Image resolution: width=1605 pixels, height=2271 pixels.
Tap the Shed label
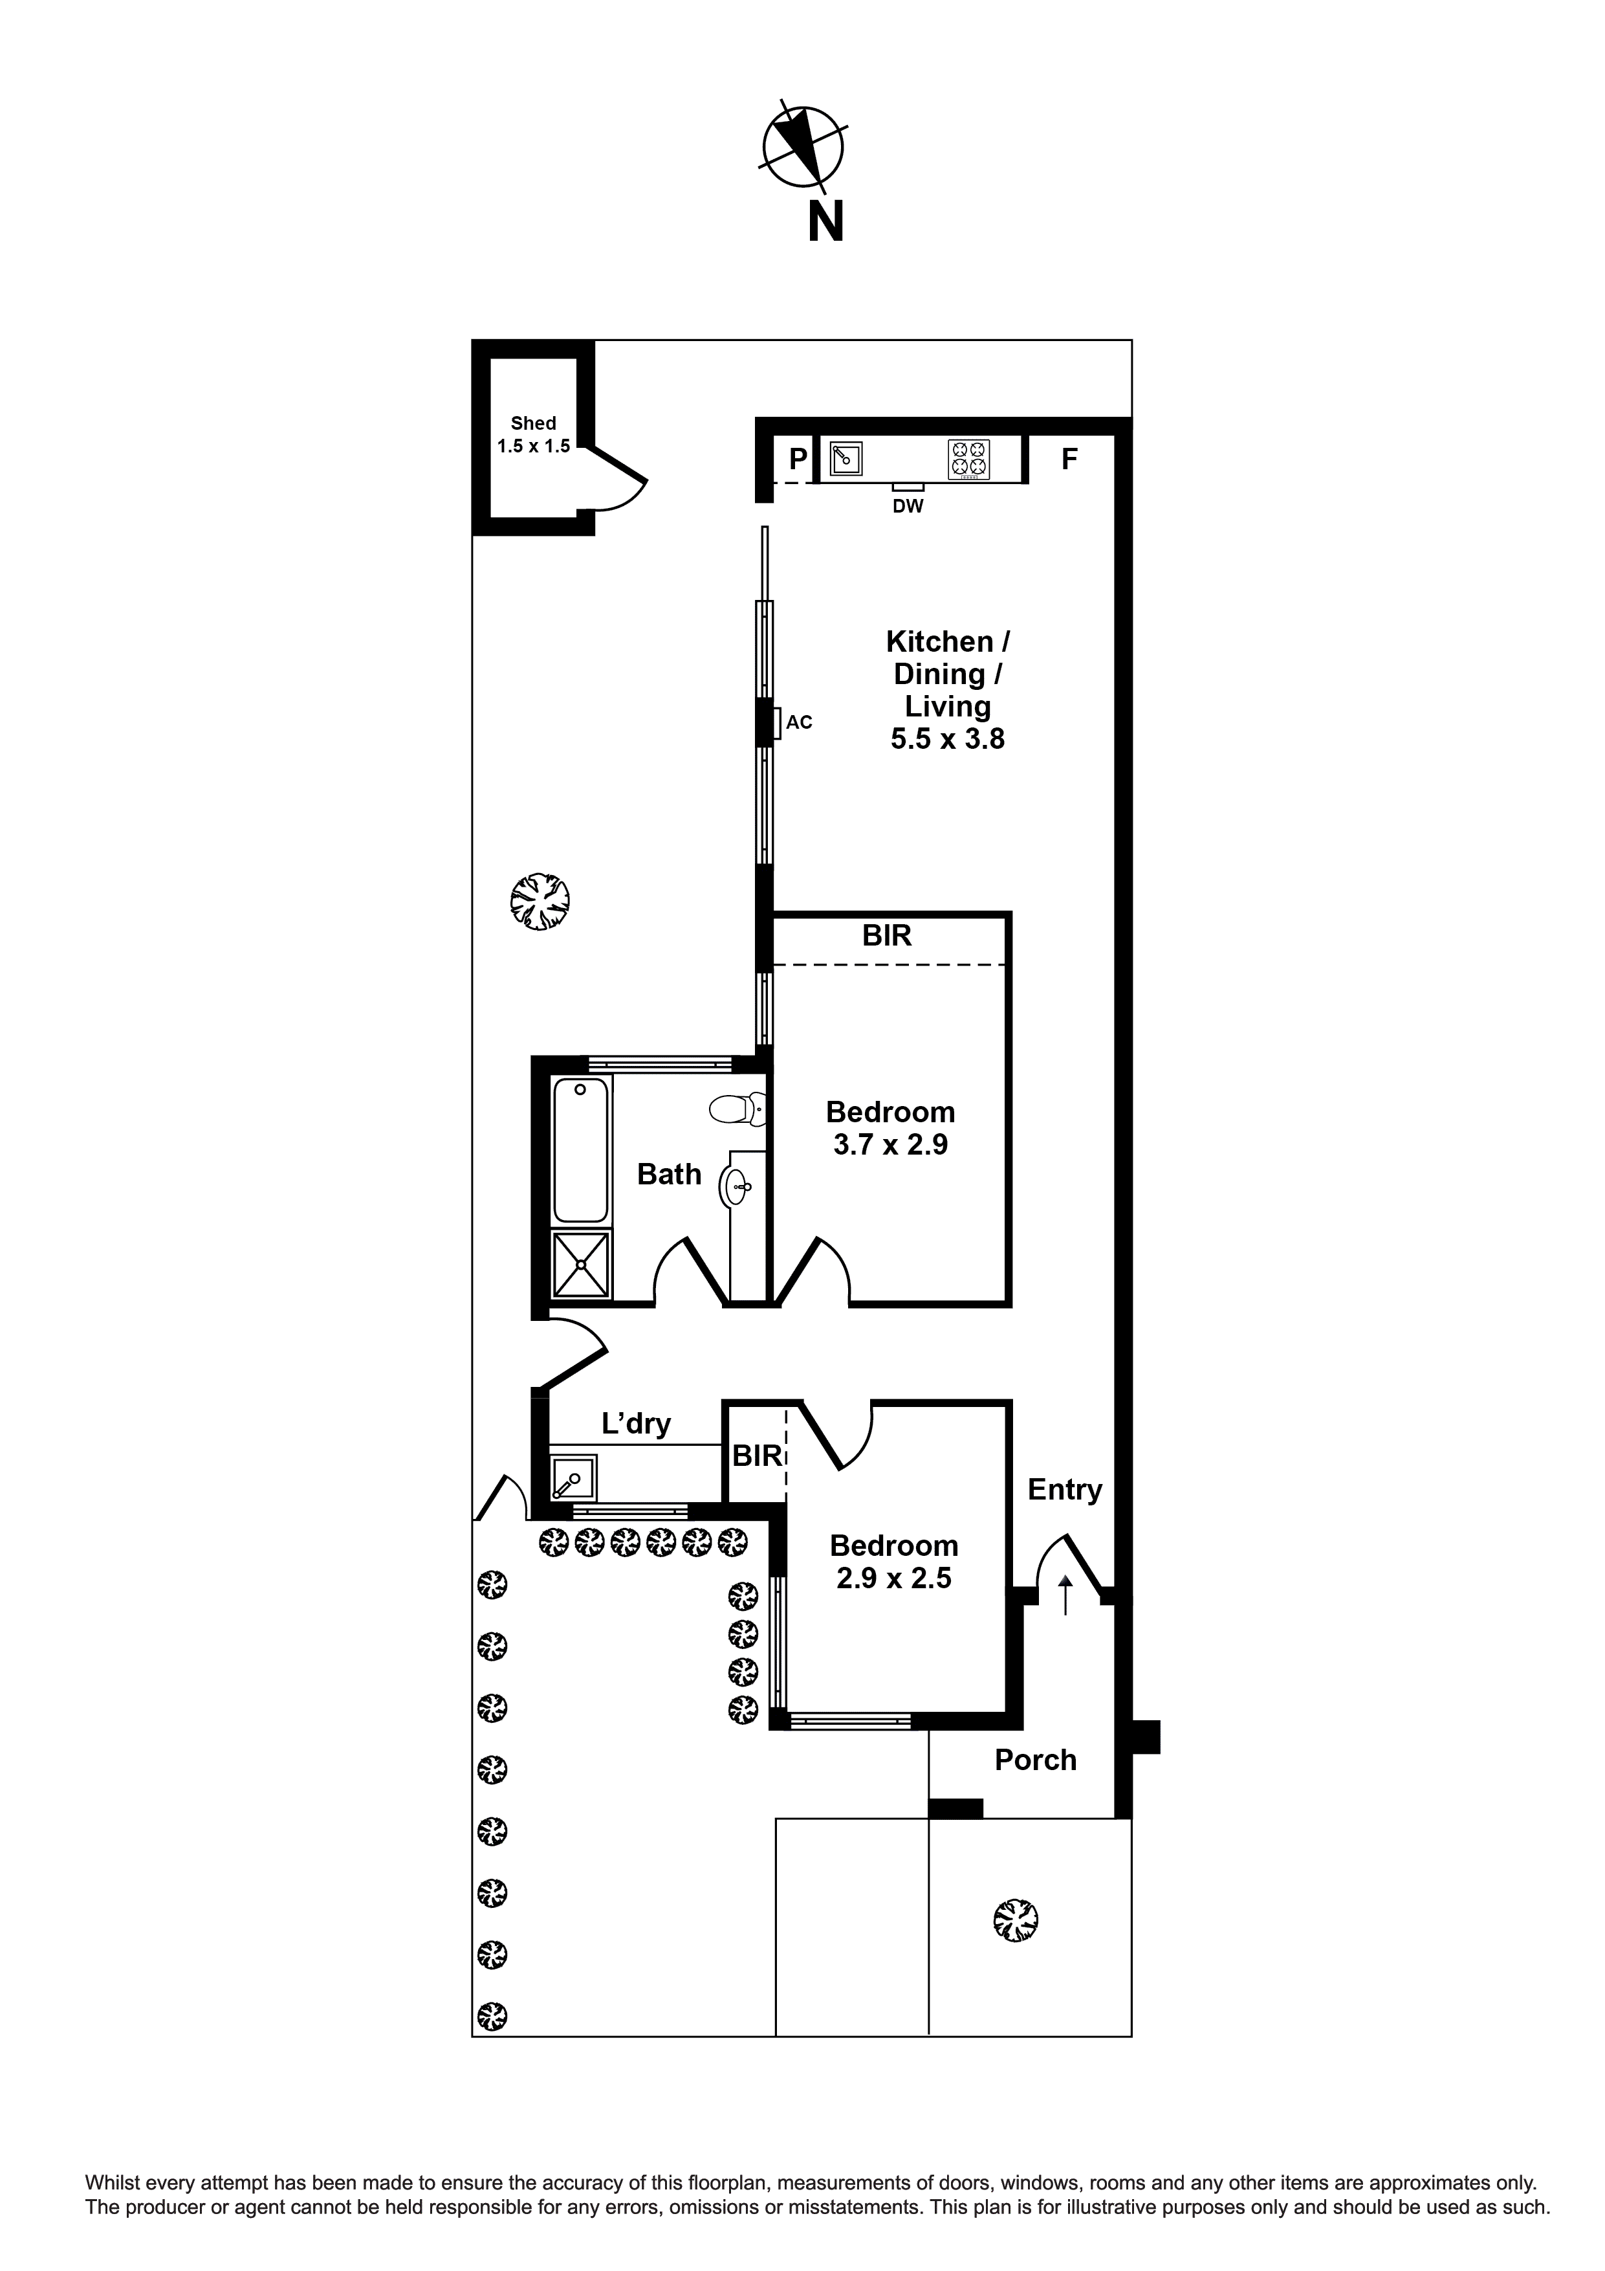pos(533,423)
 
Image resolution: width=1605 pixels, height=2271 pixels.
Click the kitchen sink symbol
pos(844,459)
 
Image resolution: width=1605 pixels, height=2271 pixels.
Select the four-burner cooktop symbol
pos(968,459)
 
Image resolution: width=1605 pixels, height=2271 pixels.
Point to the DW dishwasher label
pos(907,506)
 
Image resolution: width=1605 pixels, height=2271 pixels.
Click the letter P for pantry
pos(797,459)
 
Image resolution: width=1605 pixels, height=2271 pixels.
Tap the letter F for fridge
pos(1069,459)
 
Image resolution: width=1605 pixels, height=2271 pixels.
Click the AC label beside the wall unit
pos(799,723)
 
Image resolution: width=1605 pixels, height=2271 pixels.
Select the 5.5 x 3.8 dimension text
pos(946,739)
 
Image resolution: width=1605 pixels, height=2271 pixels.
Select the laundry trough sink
pos(574,1478)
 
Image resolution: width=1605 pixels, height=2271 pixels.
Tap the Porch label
pos(1034,1760)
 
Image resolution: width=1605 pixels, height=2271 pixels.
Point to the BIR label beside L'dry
pos(756,1456)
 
